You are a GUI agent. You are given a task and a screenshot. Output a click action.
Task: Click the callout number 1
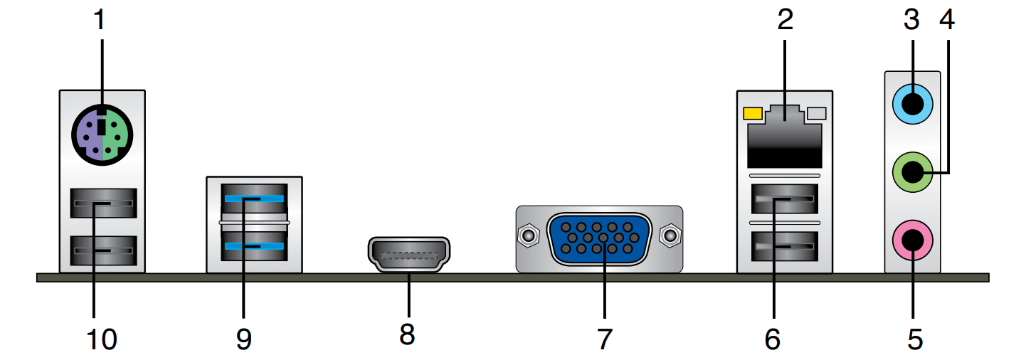pyautogui.click(x=100, y=19)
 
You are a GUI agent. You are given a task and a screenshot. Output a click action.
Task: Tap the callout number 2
pyautogui.click(x=784, y=19)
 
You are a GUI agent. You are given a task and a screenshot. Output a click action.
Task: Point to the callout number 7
pyautogui.click(x=603, y=339)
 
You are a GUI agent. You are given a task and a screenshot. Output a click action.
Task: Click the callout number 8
pyautogui.click(x=406, y=334)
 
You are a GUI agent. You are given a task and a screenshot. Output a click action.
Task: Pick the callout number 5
pyautogui.click(x=915, y=339)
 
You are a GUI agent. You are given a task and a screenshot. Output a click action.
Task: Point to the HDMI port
pyautogui.click(x=409, y=254)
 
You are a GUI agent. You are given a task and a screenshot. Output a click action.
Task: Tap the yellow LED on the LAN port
pyautogui.click(x=752, y=113)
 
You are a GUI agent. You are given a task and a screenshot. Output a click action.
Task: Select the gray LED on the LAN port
pyautogui.click(x=817, y=113)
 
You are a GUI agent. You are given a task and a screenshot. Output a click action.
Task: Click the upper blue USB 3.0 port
pyautogui.click(x=255, y=198)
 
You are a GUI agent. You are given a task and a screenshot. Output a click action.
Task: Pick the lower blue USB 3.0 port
pyautogui.click(x=255, y=247)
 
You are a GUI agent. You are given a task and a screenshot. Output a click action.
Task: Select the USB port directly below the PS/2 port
pyautogui.click(x=103, y=206)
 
